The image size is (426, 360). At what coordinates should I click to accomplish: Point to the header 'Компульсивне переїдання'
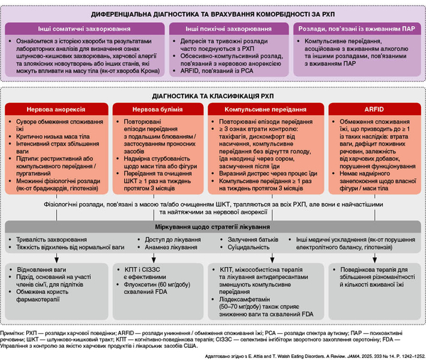click(x=261, y=111)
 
